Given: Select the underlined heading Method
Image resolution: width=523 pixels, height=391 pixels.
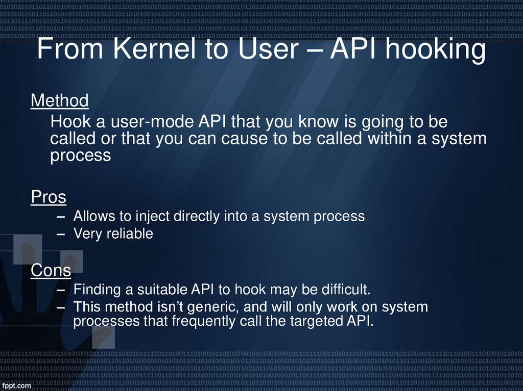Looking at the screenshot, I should (x=60, y=101).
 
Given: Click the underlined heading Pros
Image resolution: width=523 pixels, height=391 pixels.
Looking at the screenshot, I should (x=49, y=197).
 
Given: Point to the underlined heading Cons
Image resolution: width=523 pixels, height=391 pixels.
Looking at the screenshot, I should (x=51, y=270).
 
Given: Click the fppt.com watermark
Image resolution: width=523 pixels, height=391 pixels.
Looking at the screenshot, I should (x=16, y=385).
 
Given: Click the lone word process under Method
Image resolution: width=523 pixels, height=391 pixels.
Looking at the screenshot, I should (x=80, y=156).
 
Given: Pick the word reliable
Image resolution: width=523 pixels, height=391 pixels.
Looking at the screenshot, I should (x=128, y=234).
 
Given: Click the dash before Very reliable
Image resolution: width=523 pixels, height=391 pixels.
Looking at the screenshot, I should (x=62, y=234).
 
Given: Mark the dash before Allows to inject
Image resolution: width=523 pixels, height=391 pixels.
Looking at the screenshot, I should (x=62, y=216).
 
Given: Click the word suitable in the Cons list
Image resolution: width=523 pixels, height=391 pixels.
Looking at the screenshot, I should (x=162, y=290).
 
